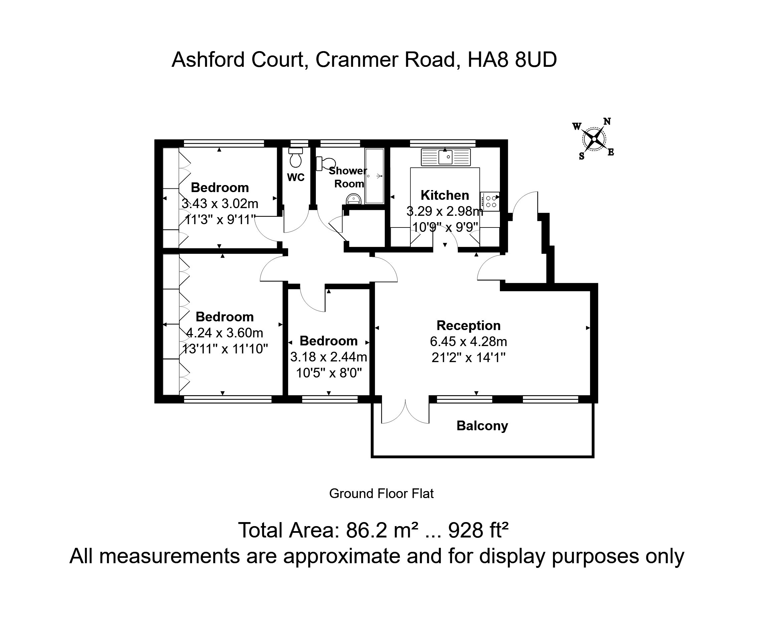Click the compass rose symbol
click(x=594, y=139)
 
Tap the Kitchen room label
click(x=445, y=195)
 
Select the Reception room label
click(x=468, y=326)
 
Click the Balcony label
click(x=482, y=426)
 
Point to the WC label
click(x=296, y=177)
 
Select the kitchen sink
click(x=446, y=157)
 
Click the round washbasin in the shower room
click(x=354, y=199)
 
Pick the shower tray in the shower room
click(x=374, y=176)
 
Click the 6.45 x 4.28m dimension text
click(x=468, y=341)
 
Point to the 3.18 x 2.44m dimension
click(x=329, y=357)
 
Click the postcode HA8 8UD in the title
click(x=512, y=59)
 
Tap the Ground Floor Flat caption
click(x=381, y=493)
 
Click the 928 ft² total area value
click(x=478, y=530)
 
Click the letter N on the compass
click(x=607, y=121)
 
